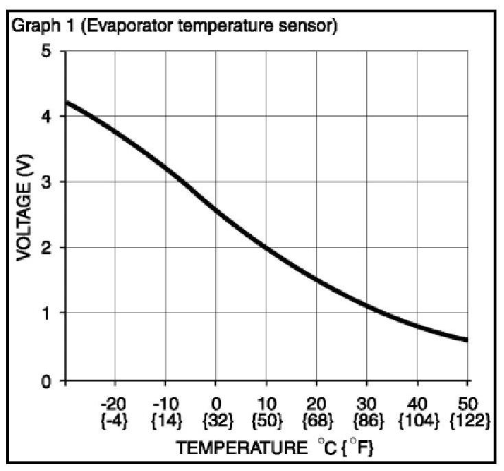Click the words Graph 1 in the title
pos(34,27)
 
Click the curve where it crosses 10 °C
pos(266,247)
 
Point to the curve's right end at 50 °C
pos(467,339)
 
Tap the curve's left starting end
pos(66,103)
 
